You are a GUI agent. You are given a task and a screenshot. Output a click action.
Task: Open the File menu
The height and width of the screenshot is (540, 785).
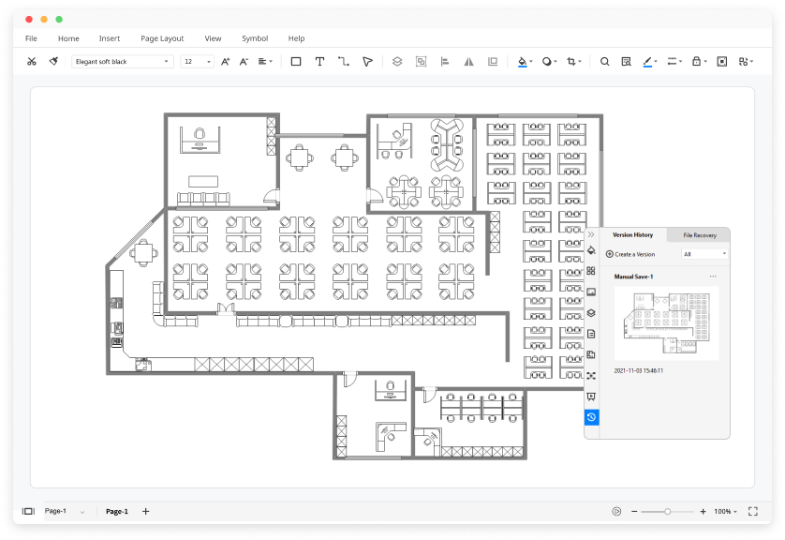pos(31,38)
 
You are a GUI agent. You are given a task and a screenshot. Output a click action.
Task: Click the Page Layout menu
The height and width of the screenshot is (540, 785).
pos(162,38)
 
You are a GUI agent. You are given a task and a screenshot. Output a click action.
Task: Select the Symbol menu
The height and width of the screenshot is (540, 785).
pos(255,38)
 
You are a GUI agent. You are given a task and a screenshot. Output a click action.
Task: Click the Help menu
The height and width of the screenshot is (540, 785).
pos(296,38)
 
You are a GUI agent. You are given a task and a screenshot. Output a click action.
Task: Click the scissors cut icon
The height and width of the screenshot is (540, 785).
pos(32,62)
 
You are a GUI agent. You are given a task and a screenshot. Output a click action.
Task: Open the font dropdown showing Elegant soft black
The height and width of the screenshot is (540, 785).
pos(122,62)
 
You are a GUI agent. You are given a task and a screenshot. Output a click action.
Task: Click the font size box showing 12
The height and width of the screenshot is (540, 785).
pos(198,62)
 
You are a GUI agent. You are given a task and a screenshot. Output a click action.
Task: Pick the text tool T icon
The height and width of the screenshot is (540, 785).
pos(319,62)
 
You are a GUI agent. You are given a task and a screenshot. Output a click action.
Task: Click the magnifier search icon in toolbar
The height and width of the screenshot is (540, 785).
pos(605,62)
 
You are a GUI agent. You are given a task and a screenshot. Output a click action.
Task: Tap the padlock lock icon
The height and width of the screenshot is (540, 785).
pos(696,61)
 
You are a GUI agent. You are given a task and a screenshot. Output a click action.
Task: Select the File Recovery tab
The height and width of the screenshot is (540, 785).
pos(700,235)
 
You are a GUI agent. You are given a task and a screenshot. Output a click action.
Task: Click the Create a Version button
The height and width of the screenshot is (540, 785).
pos(630,254)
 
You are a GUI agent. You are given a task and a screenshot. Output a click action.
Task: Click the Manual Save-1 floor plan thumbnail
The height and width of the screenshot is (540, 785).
pos(666,323)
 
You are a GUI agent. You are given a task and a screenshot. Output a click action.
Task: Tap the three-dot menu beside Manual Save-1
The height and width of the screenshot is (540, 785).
pos(713,277)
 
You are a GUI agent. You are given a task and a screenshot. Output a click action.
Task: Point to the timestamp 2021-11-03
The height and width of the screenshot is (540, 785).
pos(638,370)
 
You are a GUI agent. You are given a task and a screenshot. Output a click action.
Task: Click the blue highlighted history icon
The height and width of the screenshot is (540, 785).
pos(591,417)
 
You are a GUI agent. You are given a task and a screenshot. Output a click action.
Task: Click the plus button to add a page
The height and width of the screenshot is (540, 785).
pos(146,512)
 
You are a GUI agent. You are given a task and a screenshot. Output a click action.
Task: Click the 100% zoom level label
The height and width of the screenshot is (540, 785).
pos(722,512)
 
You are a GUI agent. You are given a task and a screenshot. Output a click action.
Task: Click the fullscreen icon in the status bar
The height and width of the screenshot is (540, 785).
pos(752,512)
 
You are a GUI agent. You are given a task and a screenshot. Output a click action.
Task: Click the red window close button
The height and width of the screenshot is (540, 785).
pos(29,20)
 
